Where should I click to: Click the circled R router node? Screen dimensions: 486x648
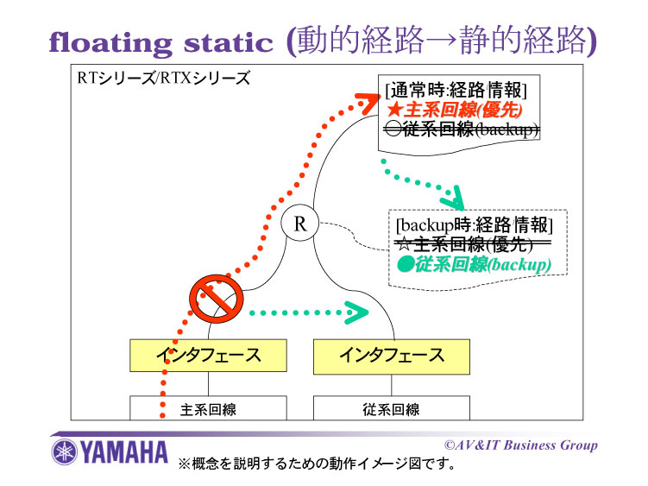pos(300,224)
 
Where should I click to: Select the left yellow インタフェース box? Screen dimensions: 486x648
pos(208,355)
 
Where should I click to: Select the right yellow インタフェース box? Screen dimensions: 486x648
pos(392,355)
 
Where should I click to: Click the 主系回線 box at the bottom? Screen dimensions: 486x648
pos(208,409)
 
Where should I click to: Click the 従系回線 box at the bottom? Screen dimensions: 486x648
pos(392,409)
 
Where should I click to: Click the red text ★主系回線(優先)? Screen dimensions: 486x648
pos(455,110)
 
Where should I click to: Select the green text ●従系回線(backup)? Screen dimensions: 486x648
pos(474,264)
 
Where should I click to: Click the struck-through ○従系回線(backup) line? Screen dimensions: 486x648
pos(462,129)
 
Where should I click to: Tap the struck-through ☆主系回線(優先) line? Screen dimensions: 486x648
pos(471,245)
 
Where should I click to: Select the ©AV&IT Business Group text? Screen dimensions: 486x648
pos(520,445)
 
